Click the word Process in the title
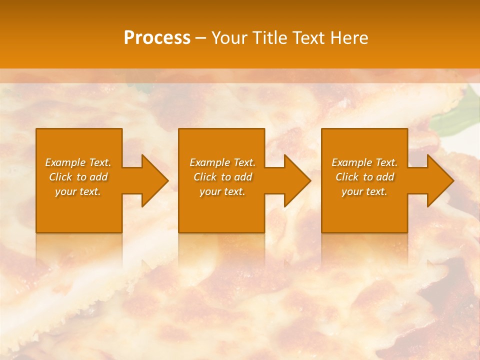157,38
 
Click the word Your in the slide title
229,38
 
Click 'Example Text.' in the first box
78,162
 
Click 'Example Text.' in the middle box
222,162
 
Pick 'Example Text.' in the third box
364,162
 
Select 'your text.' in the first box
78,191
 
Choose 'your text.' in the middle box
222,191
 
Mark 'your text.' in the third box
364,191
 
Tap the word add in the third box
385,177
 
